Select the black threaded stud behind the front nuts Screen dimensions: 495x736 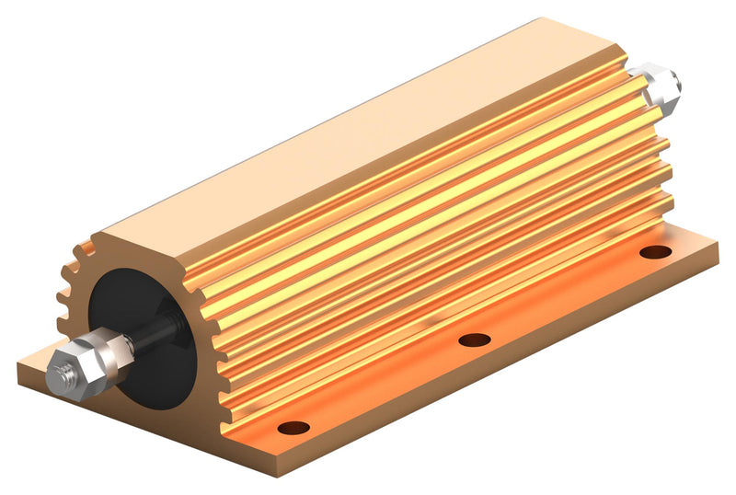point(151,333)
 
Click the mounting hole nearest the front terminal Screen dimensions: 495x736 point(293,427)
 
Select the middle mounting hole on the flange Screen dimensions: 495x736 point(474,340)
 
